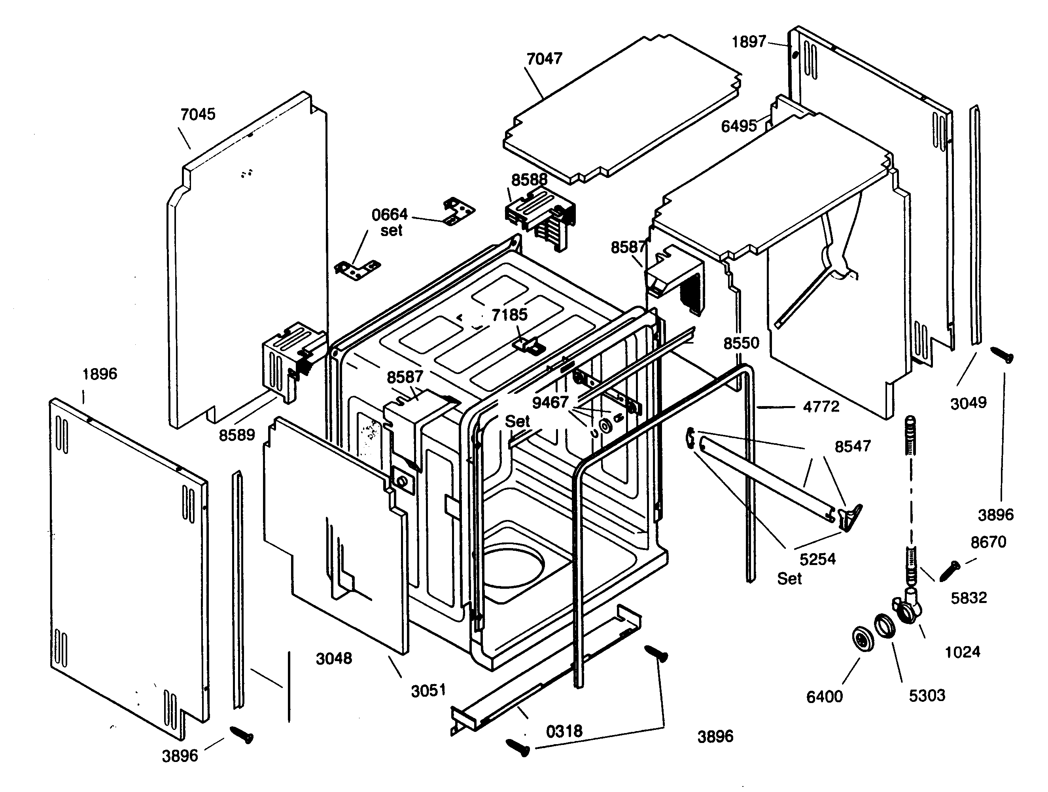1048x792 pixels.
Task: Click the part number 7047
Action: (545, 59)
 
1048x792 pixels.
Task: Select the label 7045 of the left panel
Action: (198, 114)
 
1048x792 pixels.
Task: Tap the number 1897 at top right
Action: (749, 42)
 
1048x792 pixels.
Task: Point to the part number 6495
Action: (739, 126)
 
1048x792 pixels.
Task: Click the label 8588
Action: (529, 180)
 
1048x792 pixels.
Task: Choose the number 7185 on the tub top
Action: (509, 314)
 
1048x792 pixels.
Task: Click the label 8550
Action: (741, 343)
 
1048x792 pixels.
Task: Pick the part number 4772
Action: (821, 406)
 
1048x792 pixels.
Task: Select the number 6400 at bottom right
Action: (825, 696)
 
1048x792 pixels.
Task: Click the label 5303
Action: (927, 696)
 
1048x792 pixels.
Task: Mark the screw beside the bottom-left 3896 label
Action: (242, 735)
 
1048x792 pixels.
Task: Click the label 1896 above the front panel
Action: (100, 374)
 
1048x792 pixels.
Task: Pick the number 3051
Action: (428, 691)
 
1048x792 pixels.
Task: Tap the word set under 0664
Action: (392, 231)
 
